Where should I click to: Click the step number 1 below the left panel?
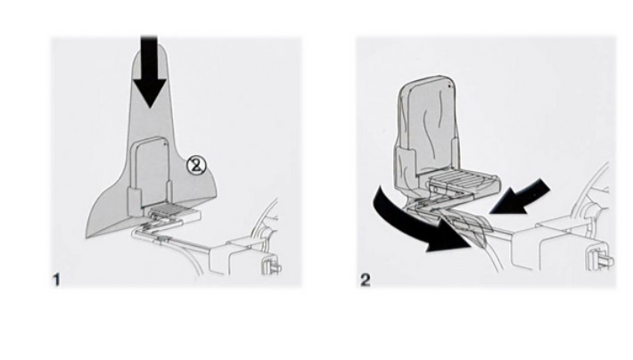(x=56, y=280)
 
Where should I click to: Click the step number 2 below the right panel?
(x=365, y=280)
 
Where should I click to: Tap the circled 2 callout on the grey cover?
(x=196, y=166)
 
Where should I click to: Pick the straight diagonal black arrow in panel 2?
(x=521, y=198)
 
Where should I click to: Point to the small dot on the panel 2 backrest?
(x=449, y=86)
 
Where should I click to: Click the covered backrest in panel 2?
(x=428, y=125)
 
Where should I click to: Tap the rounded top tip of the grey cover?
(x=150, y=44)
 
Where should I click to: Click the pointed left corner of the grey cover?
(x=87, y=235)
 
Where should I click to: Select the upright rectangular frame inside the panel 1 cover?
(x=150, y=171)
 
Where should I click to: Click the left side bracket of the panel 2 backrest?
(x=406, y=163)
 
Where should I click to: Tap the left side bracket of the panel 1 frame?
(x=135, y=200)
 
